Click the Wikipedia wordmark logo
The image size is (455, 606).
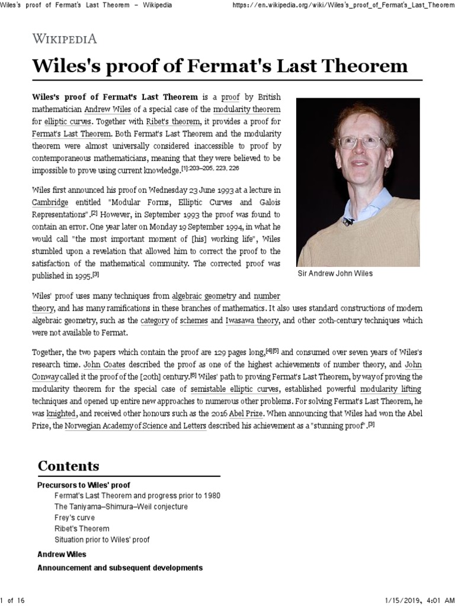point(64,38)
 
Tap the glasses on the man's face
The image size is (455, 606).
point(360,142)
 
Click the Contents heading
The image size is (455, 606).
point(69,465)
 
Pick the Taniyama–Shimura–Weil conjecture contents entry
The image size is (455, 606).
point(121,507)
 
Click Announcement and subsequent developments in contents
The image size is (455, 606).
point(120,568)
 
